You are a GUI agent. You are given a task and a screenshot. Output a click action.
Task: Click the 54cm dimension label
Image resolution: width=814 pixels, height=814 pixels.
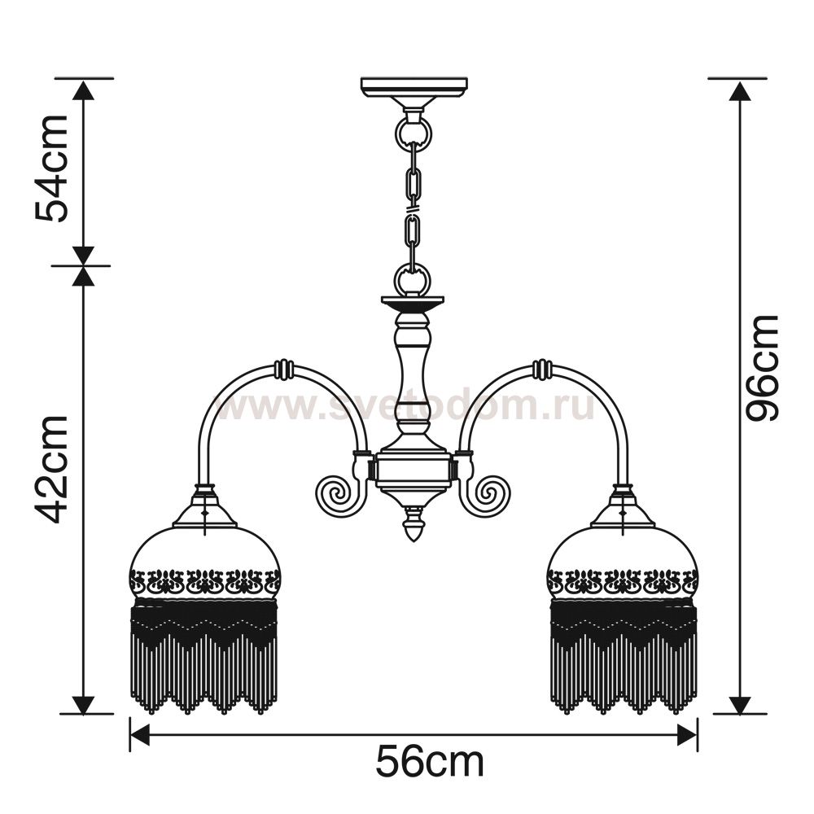click(52, 168)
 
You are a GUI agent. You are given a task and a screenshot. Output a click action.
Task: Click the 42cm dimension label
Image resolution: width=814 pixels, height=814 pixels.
click(52, 470)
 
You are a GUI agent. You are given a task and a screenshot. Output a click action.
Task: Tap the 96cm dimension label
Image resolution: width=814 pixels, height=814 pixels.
click(762, 368)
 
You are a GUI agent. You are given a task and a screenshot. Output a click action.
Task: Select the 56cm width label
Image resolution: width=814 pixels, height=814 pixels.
click(430, 762)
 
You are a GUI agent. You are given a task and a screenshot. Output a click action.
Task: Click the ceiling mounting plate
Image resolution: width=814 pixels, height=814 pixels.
click(414, 87)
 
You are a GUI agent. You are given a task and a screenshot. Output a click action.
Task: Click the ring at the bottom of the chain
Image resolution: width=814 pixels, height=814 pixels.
click(412, 279)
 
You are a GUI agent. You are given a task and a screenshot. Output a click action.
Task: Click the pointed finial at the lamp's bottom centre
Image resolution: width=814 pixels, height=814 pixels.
click(414, 524)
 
